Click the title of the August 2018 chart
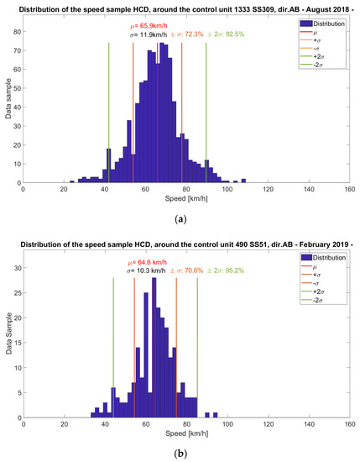pyautogui.click(x=180, y=8)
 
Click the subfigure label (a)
pyautogui.click(x=180, y=218)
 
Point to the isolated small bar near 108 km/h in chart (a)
pyautogui.click(x=243, y=180)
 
